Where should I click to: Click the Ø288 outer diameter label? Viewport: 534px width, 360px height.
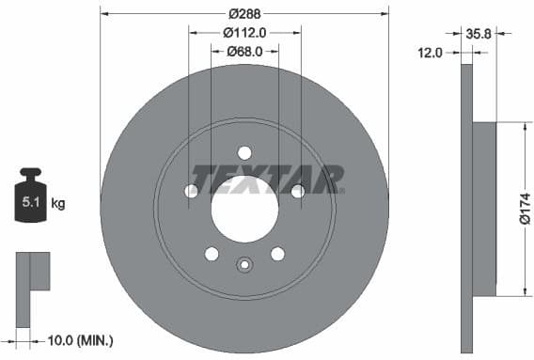244,13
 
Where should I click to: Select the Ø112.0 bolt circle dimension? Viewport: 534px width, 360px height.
245,32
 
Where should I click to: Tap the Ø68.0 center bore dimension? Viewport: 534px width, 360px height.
244,52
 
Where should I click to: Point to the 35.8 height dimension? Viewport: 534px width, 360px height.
479,32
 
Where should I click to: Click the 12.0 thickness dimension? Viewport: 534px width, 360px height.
431,53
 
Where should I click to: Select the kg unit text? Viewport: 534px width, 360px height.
58,203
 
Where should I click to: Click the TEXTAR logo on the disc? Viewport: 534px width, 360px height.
267,179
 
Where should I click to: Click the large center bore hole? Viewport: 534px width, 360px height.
244,208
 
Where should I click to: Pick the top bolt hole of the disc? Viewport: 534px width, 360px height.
244,153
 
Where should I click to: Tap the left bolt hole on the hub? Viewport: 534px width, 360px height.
192,192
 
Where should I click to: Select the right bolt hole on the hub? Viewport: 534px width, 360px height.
297,192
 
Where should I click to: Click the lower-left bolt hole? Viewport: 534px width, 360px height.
212,254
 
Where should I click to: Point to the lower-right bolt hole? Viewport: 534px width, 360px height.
277,254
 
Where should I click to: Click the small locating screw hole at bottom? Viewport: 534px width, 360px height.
244,264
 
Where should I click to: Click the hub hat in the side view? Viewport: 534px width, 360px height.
483,208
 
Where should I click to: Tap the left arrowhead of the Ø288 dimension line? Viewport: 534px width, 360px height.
103,13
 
